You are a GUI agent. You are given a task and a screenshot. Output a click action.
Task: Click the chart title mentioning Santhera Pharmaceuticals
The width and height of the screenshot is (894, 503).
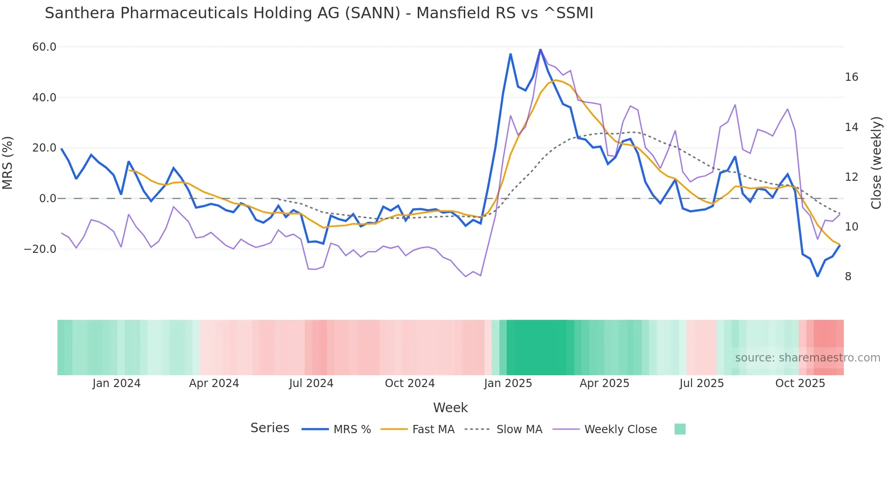[x=319, y=13]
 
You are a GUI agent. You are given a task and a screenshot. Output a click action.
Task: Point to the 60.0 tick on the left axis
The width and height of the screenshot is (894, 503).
[x=44, y=47]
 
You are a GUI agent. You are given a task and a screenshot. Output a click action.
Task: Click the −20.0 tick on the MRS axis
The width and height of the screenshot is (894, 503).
[x=40, y=249]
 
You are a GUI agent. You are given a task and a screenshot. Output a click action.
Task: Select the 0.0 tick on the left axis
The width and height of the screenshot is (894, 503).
[x=47, y=199]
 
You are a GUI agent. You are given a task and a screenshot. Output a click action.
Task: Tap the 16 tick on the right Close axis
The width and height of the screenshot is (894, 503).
[x=851, y=77]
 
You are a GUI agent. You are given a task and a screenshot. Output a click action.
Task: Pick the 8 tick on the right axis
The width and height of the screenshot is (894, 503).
[x=848, y=277]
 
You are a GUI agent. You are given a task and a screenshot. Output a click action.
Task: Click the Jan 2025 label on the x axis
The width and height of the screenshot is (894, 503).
[x=508, y=383]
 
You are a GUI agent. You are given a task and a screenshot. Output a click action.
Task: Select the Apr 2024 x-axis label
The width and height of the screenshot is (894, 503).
[x=214, y=383]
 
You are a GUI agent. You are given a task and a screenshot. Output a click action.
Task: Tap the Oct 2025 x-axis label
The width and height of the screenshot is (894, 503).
[x=800, y=383]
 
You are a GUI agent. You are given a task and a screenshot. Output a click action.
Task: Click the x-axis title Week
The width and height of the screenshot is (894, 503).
[x=450, y=408]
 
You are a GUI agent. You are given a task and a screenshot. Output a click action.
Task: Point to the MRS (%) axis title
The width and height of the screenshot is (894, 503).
[x=8, y=162]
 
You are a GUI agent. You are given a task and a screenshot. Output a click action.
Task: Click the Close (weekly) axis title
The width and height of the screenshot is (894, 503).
[x=876, y=162]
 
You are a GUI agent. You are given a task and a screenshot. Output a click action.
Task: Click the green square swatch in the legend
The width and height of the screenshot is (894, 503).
[x=680, y=430]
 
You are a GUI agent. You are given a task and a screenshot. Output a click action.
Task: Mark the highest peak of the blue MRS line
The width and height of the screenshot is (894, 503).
[x=541, y=49]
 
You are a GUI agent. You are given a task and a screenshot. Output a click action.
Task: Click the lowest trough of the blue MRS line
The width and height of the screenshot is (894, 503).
[x=818, y=276]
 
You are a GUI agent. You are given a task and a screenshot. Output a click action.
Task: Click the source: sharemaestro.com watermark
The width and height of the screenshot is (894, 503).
[x=807, y=358]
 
